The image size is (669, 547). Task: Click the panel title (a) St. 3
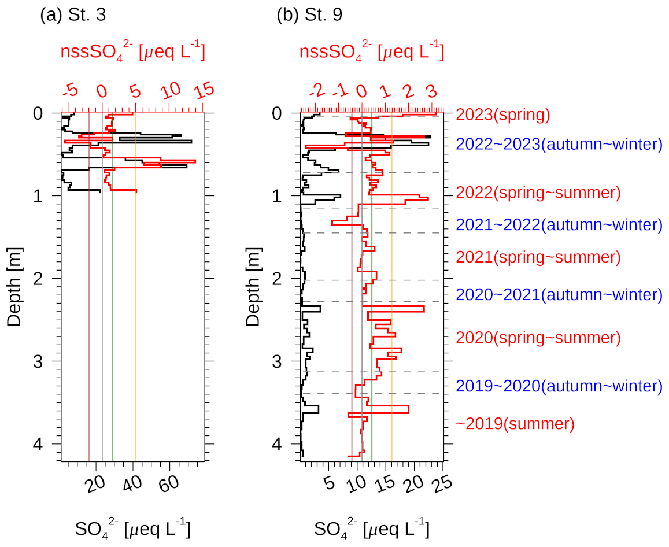[x=72, y=15]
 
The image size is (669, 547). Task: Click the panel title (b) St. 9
[x=309, y=15]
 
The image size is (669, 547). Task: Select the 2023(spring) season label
[x=502, y=114]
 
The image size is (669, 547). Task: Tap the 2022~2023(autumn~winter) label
[x=559, y=144]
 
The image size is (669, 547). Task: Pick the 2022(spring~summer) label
[x=538, y=192]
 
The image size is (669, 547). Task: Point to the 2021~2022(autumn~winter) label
[x=559, y=224]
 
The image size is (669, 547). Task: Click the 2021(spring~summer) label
[x=538, y=257]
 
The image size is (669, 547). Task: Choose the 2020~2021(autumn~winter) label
[x=559, y=295]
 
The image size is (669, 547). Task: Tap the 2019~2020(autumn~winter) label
[x=559, y=386]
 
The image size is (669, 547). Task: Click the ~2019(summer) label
[x=515, y=424]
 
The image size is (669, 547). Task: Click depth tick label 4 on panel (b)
[x=278, y=444]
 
